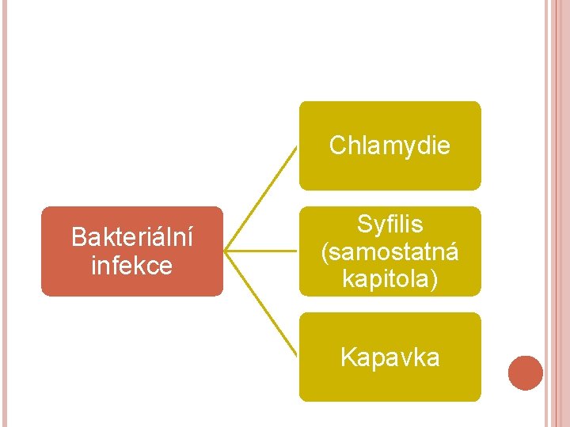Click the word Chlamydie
coord(389,145)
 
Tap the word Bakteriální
coord(132,236)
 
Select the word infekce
coord(132,265)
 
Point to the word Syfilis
coord(389,225)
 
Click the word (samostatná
coord(389,251)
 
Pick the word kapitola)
coord(389,278)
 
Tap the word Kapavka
coord(389,357)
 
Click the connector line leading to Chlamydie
coord(262,198)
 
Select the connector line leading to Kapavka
coord(262,304)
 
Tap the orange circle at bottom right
coord(526,373)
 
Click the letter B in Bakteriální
coord(78,236)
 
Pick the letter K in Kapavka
coord(347,357)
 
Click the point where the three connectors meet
coord(226,251)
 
